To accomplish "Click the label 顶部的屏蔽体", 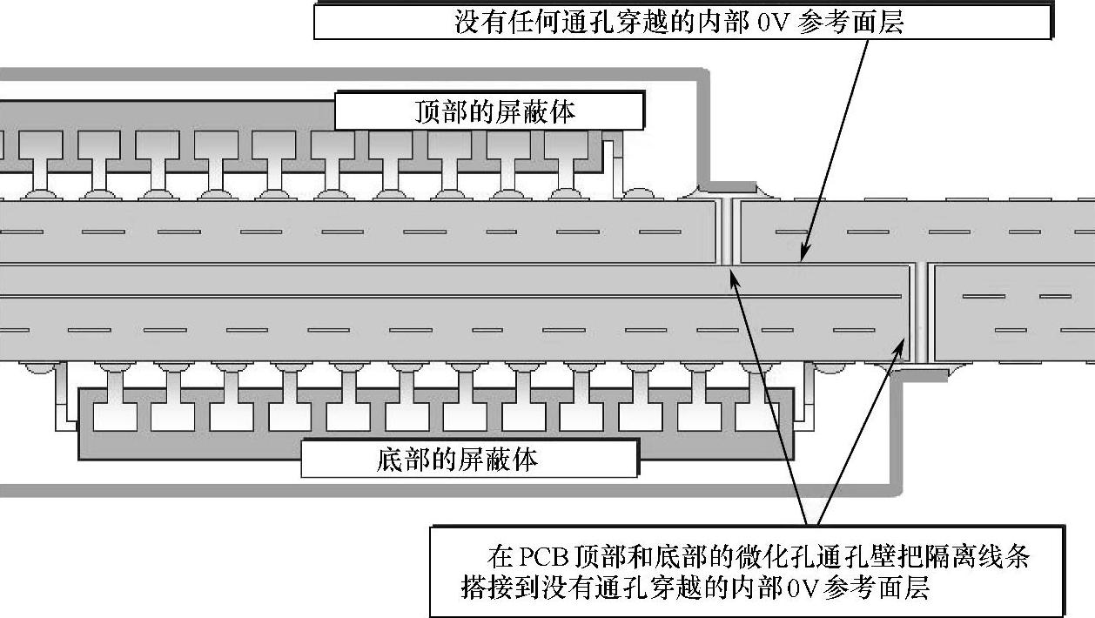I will [489, 111].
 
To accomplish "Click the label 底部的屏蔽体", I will [469, 459].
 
